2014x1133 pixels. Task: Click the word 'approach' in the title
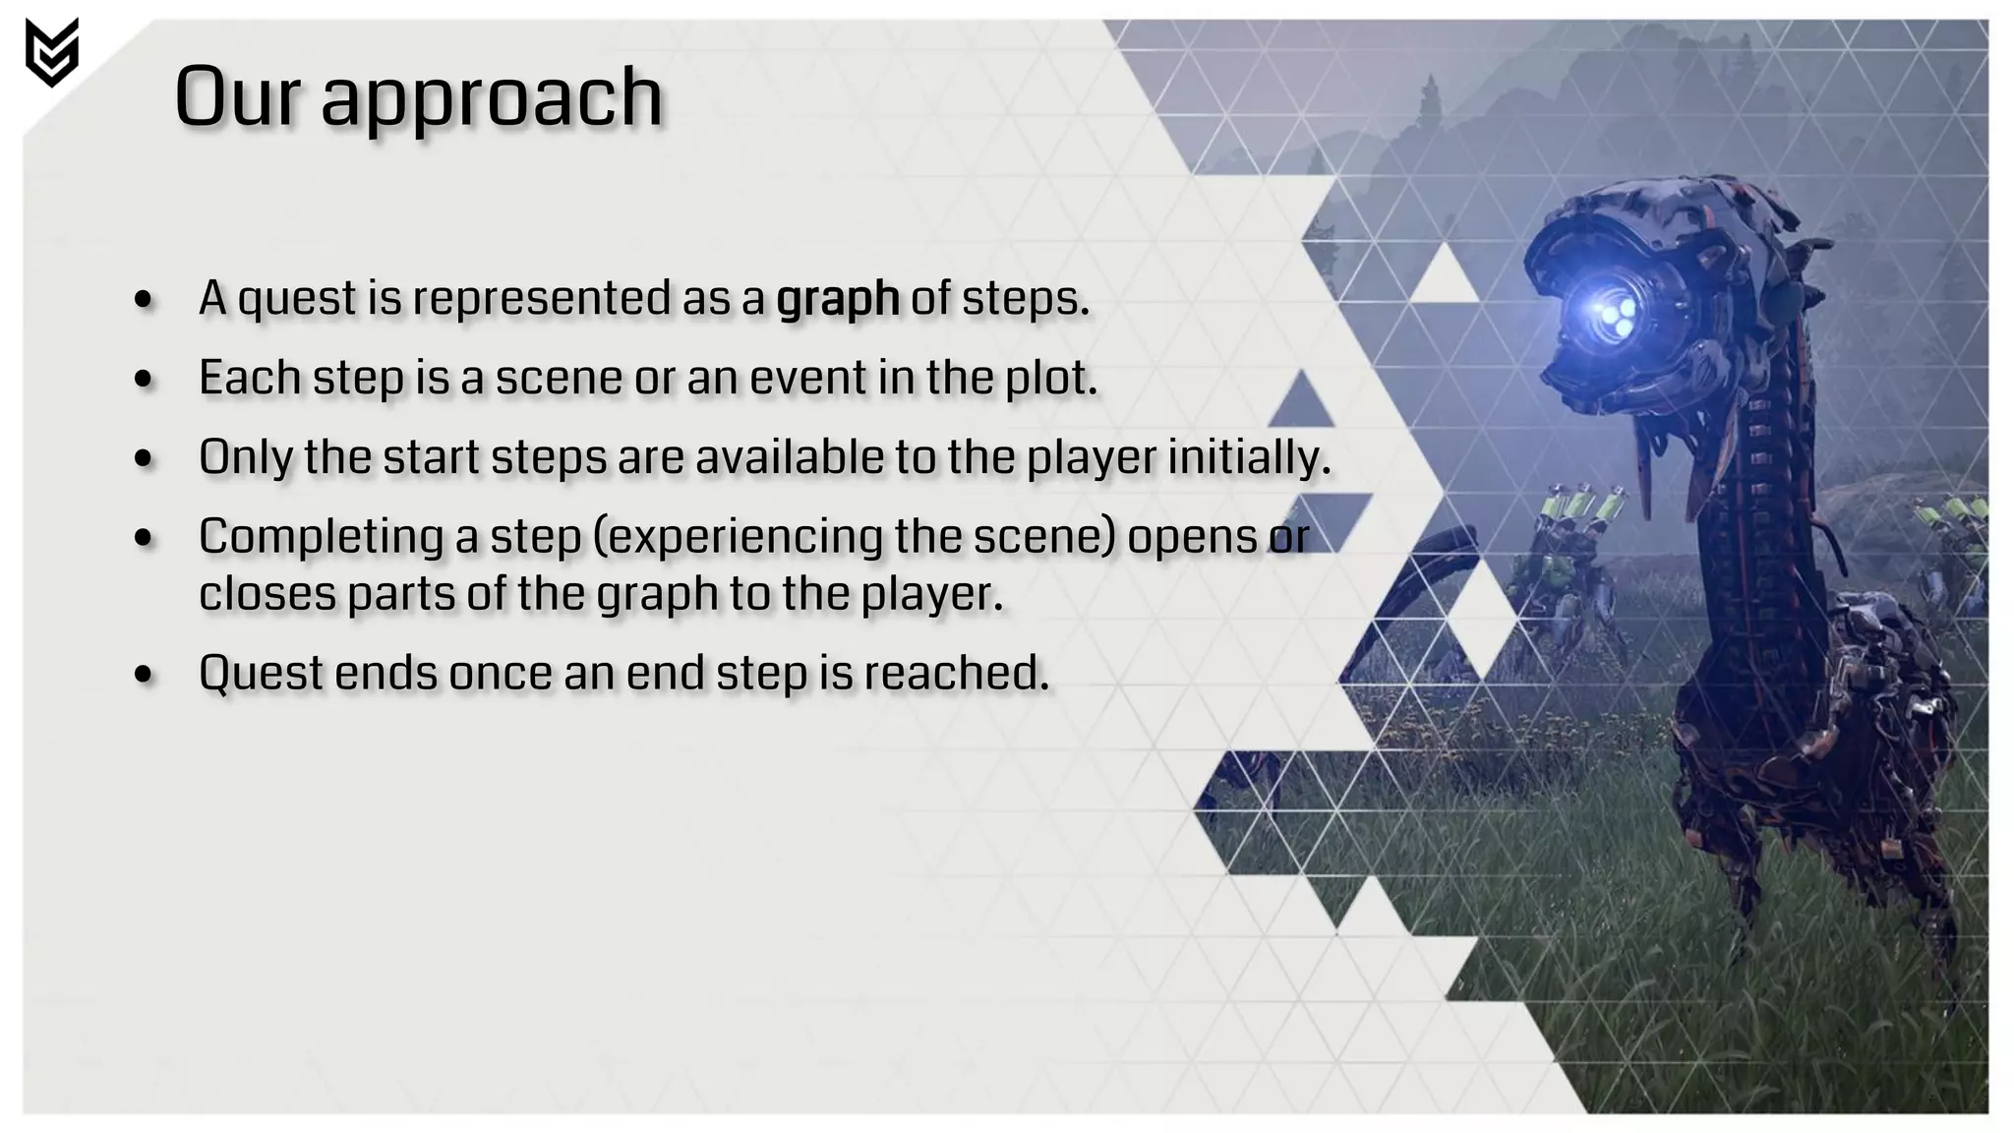coord(492,98)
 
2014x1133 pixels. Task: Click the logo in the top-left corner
coord(51,52)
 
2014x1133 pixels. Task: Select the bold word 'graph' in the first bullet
coord(837,298)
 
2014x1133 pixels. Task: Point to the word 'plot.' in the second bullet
coord(1049,379)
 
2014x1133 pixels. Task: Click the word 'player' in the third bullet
coord(1091,459)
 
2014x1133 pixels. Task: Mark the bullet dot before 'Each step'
coord(145,380)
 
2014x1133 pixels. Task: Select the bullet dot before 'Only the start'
coord(145,459)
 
